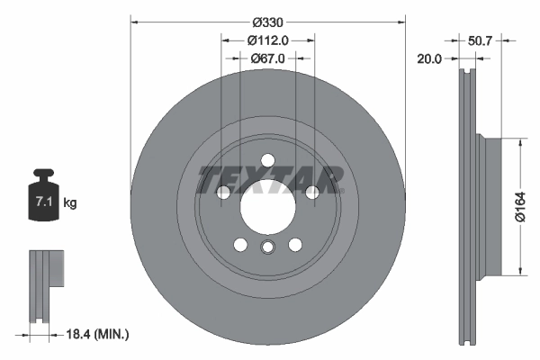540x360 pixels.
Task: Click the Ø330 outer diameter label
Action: pyautogui.click(x=267, y=20)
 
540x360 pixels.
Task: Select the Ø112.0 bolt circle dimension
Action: pyautogui.click(x=267, y=40)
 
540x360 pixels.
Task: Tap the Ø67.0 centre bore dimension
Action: pyautogui.click(x=267, y=58)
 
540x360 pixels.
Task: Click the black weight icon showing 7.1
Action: pyautogui.click(x=43, y=201)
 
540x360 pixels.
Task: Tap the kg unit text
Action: pyautogui.click(x=70, y=203)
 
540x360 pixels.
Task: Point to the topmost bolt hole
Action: pyautogui.click(x=267, y=161)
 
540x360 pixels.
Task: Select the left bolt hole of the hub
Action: pyautogui.click(x=223, y=192)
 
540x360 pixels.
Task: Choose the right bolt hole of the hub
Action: pyautogui.click(x=311, y=192)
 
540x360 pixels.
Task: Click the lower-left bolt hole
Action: pyautogui.click(x=240, y=244)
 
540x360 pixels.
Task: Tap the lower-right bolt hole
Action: pyautogui.click(x=294, y=244)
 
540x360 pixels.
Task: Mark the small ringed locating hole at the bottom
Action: pyautogui.click(x=267, y=248)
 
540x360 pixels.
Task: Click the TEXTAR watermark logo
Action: pyautogui.click(x=270, y=178)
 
